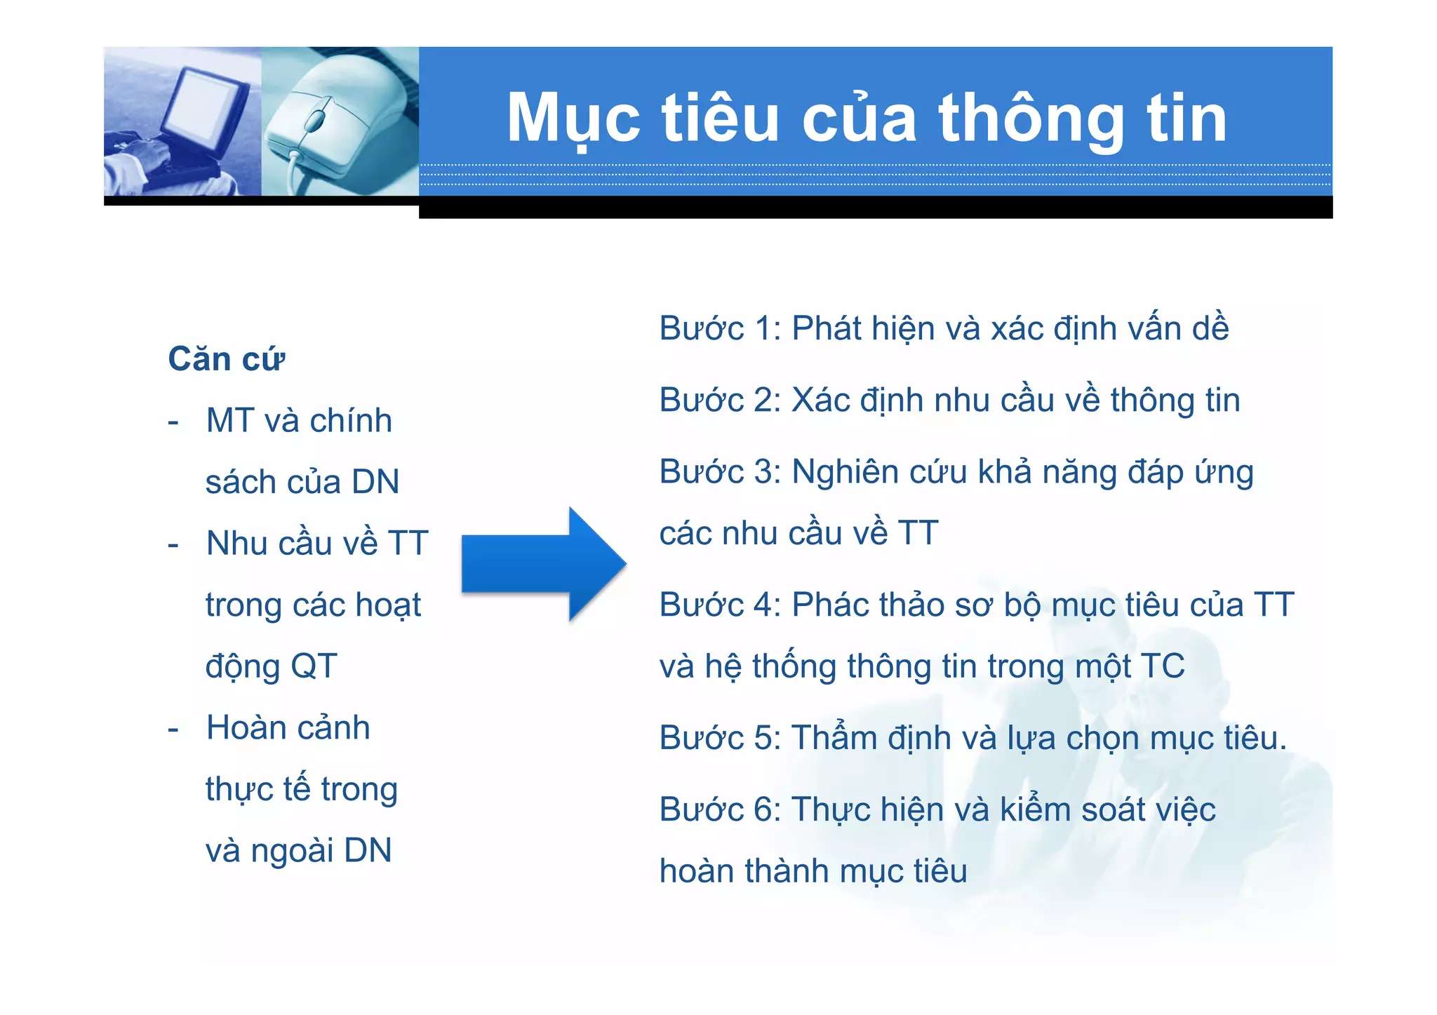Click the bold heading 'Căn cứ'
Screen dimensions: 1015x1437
tap(226, 359)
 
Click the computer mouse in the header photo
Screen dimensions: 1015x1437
tap(330, 123)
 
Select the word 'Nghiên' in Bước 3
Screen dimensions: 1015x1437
tap(845, 471)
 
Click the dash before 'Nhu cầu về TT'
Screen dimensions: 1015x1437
tap(173, 544)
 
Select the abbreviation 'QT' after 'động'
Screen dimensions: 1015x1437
tap(314, 666)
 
